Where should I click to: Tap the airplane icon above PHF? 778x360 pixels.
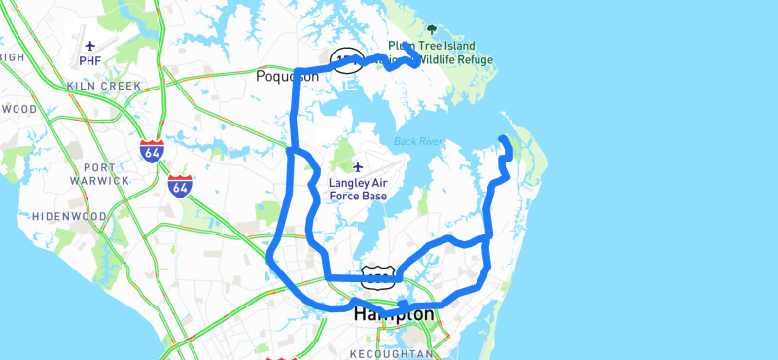click(90, 46)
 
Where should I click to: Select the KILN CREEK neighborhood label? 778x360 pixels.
click(104, 86)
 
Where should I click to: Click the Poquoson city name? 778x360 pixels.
click(287, 76)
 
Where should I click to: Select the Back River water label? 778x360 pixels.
click(418, 142)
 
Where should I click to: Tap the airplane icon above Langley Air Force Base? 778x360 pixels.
click(358, 167)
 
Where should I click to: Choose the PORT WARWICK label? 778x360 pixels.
click(99, 173)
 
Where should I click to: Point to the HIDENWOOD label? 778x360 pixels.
click(69, 215)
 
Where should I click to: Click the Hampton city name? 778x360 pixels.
click(393, 314)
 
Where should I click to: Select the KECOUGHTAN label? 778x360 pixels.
click(390, 354)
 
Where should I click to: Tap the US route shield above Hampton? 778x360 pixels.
click(377, 276)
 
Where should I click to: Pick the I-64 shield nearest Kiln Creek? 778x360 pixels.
click(151, 151)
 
